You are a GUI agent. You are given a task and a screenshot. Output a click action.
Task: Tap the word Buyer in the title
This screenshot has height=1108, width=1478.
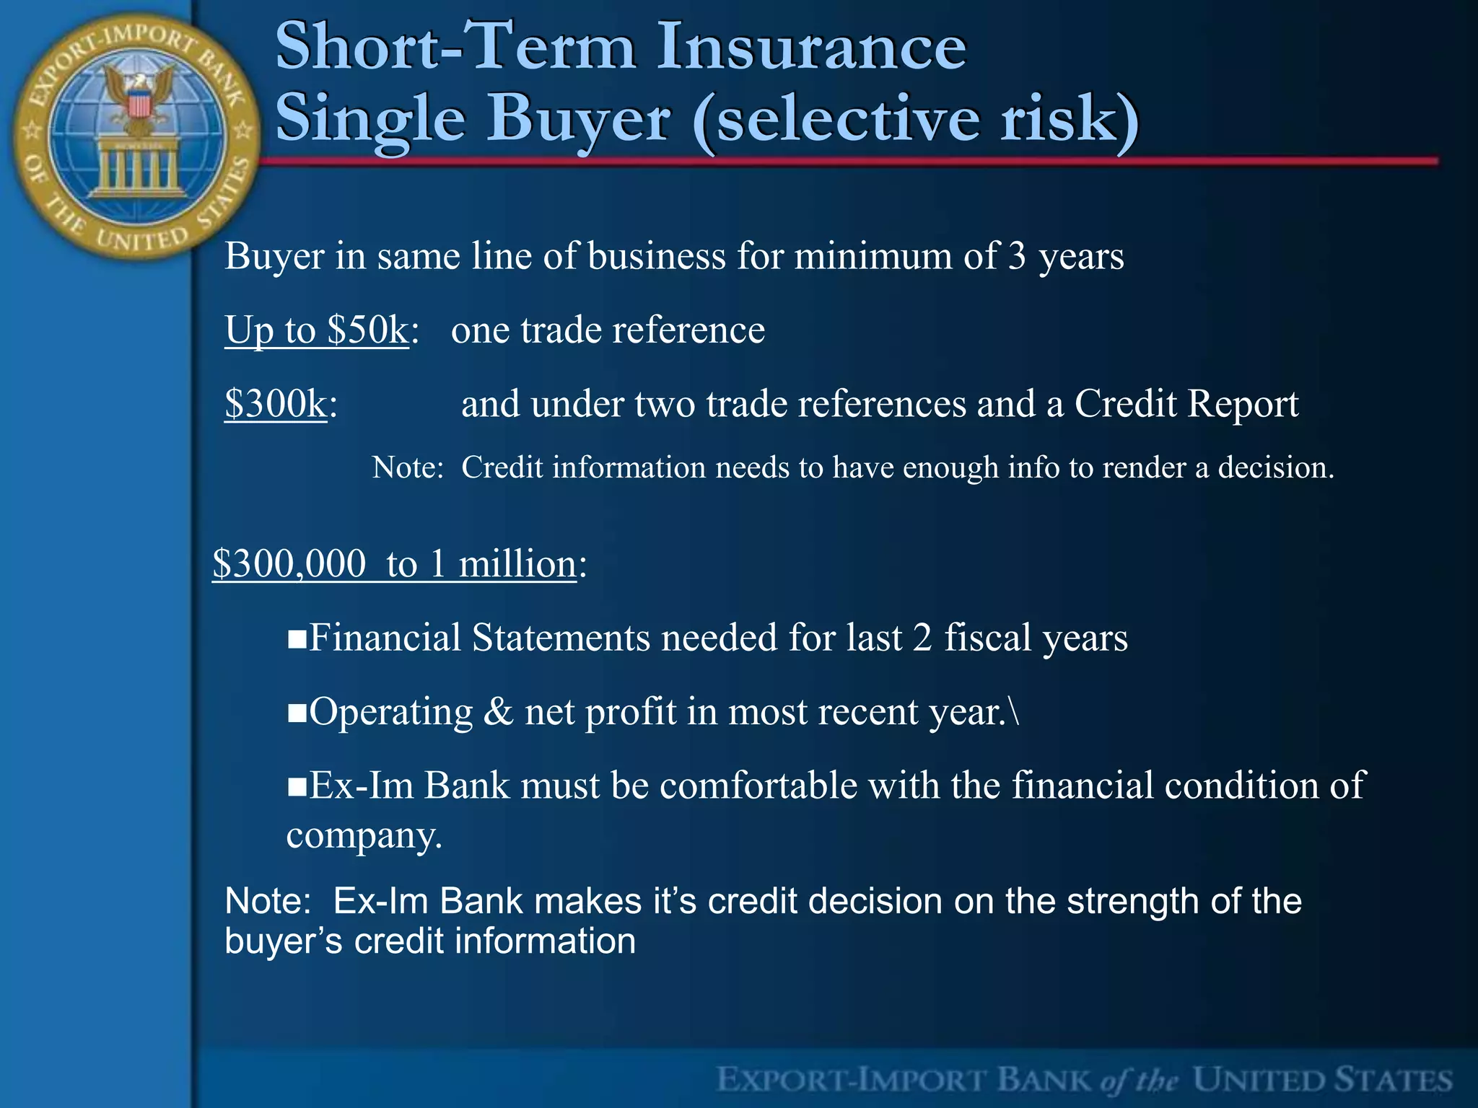coord(581,119)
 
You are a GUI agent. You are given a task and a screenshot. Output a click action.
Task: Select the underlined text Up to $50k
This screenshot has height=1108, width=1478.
coord(317,330)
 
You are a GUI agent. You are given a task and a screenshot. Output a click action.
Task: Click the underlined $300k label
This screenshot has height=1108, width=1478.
coord(276,404)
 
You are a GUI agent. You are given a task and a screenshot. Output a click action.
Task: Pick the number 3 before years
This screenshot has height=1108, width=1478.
coord(1017,256)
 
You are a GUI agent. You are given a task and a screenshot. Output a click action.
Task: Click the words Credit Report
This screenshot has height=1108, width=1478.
coord(1186,404)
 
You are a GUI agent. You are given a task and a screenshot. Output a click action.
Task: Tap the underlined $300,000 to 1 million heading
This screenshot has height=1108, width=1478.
coord(395,563)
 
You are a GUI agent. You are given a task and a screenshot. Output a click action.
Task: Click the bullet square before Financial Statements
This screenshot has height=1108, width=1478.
coord(297,640)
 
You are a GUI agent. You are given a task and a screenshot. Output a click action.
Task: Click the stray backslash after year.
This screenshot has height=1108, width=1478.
coord(1015,713)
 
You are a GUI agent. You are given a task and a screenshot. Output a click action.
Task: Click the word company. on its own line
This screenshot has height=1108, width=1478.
coord(364,836)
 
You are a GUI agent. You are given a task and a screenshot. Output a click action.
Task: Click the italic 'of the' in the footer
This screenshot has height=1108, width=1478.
coord(1140,1081)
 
